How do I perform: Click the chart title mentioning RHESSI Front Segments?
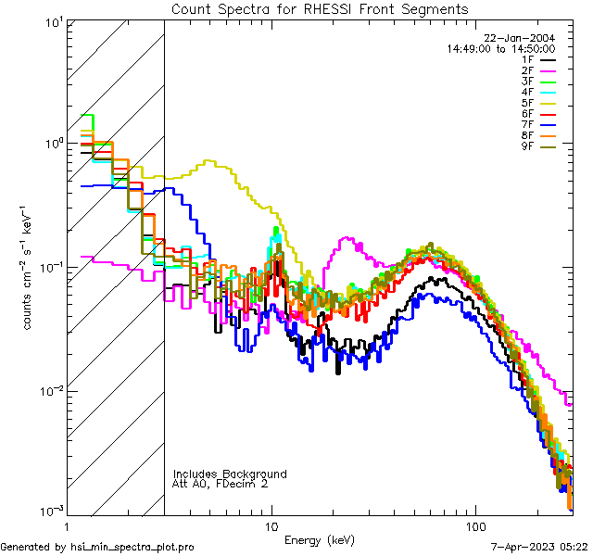(x=320, y=8)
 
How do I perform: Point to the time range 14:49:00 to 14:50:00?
(x=500, y=48)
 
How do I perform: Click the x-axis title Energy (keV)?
(x=319, y=540)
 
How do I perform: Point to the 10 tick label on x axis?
(x=271, y=524)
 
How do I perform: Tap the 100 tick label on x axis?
(x=474, y=524)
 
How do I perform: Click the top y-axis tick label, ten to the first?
(x=52, y=21)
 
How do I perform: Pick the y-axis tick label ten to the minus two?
(x=50, y=390)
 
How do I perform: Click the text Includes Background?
(x=230, y=474)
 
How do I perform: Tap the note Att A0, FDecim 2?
(x=220, y=484)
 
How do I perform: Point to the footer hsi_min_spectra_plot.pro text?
(x=97, y=547)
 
